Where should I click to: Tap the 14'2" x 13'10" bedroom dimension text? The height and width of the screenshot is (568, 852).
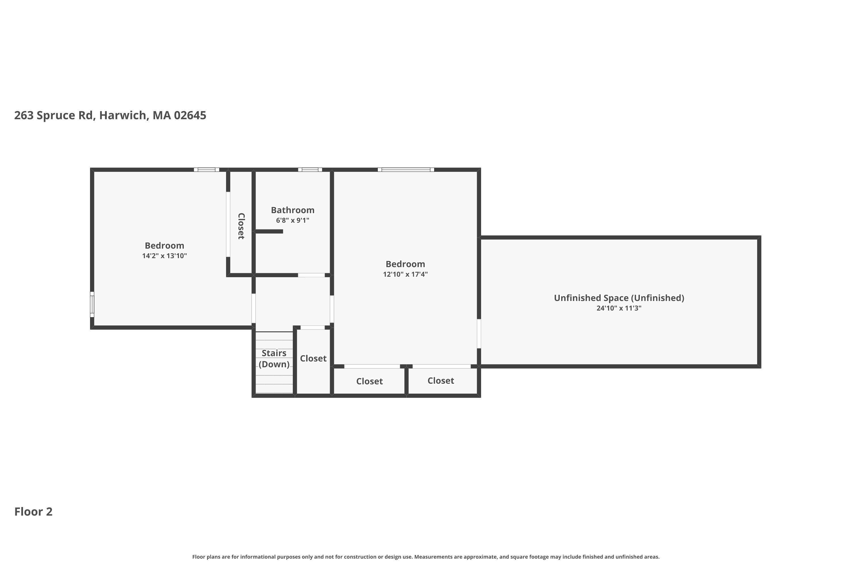164,256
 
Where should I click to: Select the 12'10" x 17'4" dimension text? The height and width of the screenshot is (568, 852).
405,274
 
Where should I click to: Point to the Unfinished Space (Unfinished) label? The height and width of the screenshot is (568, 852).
619,298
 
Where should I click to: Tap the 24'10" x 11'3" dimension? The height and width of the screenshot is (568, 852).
619,308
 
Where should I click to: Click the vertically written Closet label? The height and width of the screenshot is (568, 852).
241,226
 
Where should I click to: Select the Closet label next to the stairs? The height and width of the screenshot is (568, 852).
313,358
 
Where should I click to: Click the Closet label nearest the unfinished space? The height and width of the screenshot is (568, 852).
440,380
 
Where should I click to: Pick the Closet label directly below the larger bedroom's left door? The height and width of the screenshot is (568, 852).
369,381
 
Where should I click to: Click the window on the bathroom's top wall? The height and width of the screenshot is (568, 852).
310,170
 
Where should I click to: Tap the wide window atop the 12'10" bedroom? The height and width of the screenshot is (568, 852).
406,170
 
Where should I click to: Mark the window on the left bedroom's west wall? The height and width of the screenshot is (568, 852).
92,304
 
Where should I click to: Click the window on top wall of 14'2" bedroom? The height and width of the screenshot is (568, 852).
206,170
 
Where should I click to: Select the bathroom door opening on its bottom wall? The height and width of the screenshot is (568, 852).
311,275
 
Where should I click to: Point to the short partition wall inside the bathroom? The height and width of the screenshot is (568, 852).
268,231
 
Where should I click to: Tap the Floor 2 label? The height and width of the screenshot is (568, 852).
33,511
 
